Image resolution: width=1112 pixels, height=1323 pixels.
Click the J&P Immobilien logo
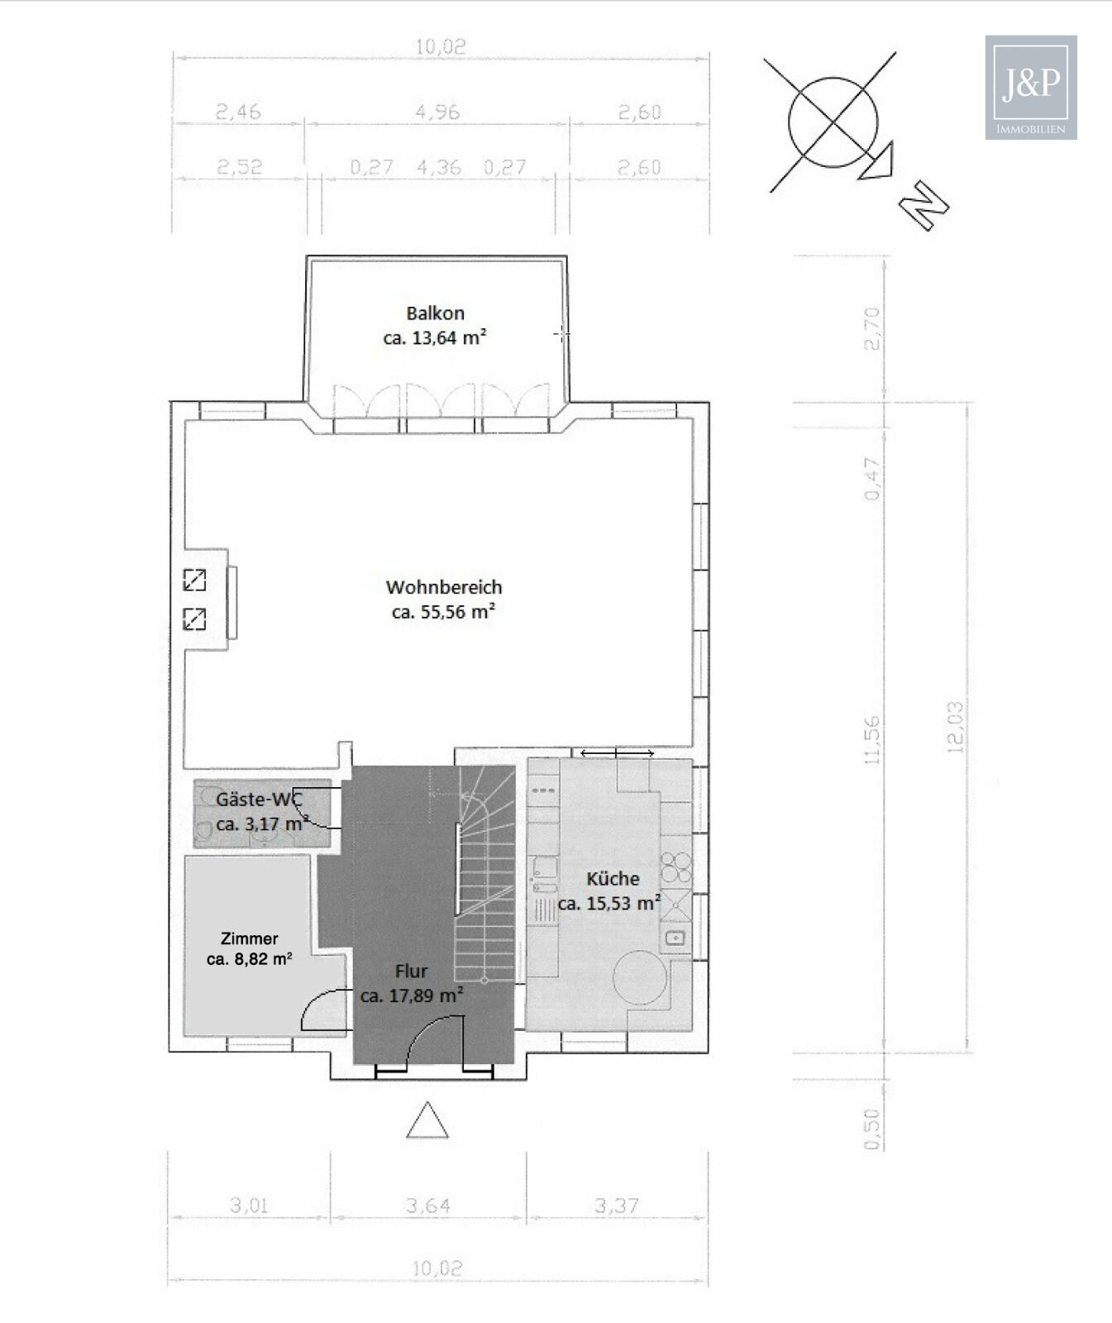point(1031,87)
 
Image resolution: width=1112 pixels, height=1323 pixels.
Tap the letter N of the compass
point(923,206)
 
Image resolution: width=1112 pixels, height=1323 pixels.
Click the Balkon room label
point(435,313)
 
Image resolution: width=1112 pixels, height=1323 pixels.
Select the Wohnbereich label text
point(444,587)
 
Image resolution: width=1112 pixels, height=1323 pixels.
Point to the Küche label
point(613,878)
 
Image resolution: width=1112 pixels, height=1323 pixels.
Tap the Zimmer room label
point(249,939)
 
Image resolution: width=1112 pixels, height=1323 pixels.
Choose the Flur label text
point(411,971)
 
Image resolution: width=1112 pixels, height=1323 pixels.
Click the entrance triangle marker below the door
point(427,1120)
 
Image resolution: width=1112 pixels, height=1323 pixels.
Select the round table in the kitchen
point(639,977)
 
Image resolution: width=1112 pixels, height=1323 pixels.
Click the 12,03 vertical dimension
point(955,727)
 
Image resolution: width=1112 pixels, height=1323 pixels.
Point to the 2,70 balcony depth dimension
point(872,328)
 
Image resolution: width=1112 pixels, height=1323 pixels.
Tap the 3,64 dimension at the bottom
point(428,1206)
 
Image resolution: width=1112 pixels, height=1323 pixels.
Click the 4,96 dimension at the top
point(437,112)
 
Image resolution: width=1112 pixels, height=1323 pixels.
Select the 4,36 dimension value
point(439,167)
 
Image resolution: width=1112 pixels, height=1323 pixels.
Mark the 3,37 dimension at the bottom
point(616,1206)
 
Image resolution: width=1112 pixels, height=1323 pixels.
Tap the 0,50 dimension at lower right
point(872,1128)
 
